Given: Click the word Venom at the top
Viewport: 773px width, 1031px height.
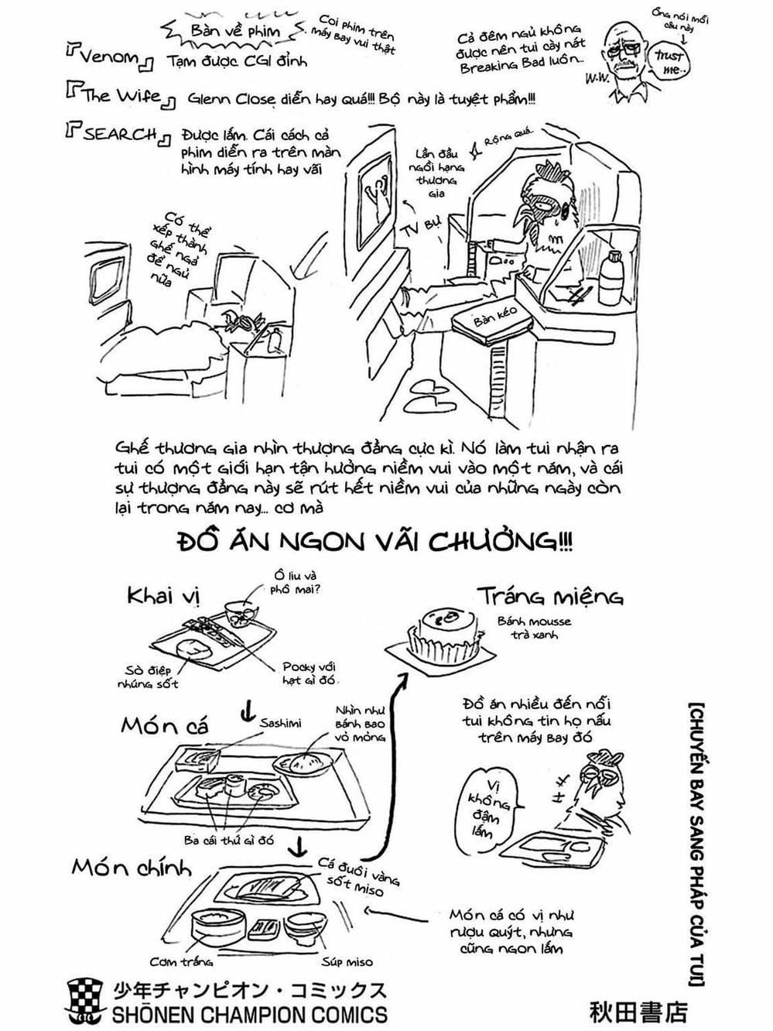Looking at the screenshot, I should [110, 58].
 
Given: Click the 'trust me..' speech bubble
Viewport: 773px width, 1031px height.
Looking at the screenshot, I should [669, 60].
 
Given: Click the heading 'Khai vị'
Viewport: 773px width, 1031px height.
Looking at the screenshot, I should [163, 596].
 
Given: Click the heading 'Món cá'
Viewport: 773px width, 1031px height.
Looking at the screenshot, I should [164, 725].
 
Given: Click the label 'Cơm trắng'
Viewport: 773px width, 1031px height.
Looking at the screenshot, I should [181, 962].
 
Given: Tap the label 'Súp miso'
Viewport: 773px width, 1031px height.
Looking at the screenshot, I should [347, 962].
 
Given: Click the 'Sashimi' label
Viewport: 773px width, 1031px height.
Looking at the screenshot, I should [281, 723].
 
